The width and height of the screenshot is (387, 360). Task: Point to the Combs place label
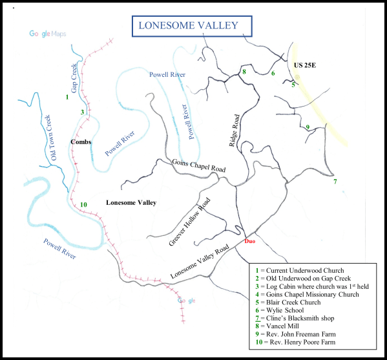pos(80,142)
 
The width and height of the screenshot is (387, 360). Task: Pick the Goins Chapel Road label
pos(198,164)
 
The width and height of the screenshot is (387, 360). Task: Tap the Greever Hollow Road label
pos(190,222)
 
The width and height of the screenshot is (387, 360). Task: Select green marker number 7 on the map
pos(335,182)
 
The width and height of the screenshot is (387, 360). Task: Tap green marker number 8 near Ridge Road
pos(244,71)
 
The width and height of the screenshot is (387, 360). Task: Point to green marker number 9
pos(308,127)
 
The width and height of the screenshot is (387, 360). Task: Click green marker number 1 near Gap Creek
pos(67,97)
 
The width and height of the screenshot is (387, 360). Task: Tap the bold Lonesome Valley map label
pos(131,203)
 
